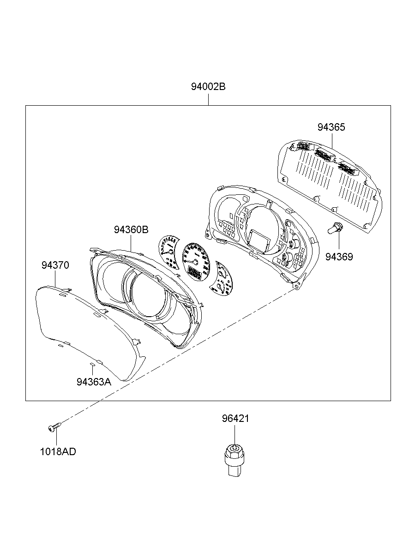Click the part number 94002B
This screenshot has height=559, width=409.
pos(208,86)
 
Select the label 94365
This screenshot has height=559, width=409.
pos(331,127)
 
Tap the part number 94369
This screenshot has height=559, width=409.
pos(339,257)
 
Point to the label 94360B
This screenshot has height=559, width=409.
pos(131,229)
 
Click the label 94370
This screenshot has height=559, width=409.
pos(55,265)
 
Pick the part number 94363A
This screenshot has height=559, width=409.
pos(94,382)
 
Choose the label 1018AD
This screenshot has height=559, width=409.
pos(58,451)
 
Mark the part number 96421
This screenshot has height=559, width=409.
pos(235,419)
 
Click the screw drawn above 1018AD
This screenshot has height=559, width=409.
pos(53,429)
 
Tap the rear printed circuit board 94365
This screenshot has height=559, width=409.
pos(330,182)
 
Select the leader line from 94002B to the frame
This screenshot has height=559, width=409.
pos(208,99)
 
